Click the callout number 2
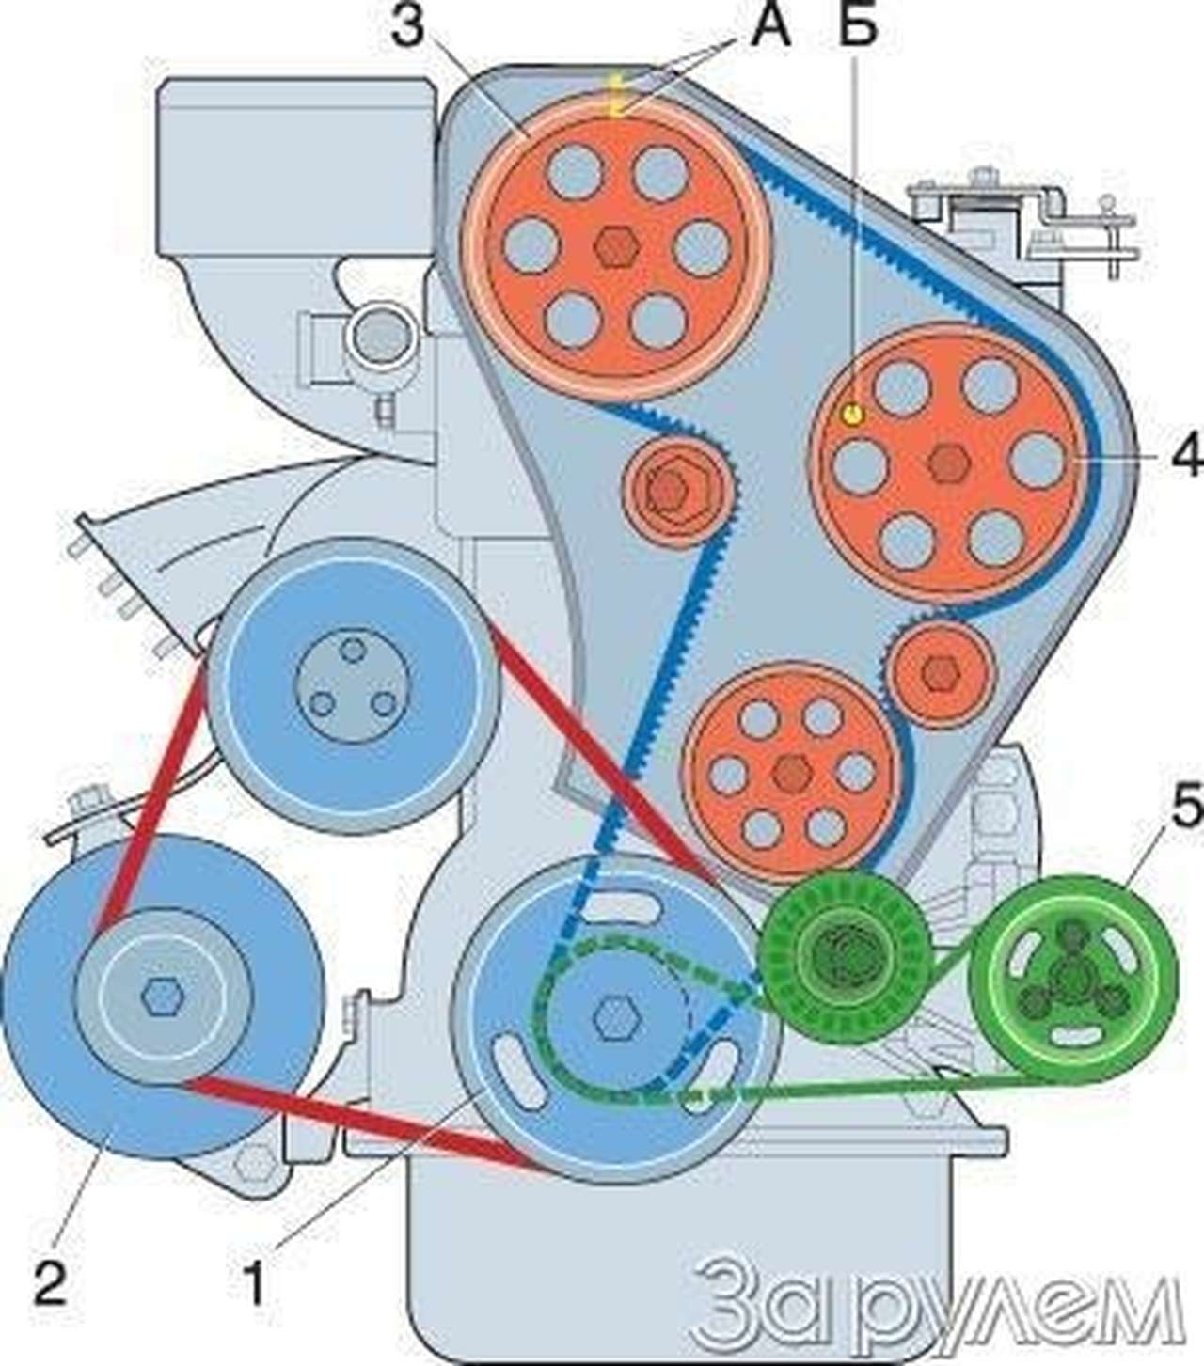(x=50, y=1280)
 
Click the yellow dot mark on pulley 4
(x=852, y=413)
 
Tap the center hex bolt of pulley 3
(x=617, y=246)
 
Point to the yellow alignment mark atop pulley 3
(x=616, y=96)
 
